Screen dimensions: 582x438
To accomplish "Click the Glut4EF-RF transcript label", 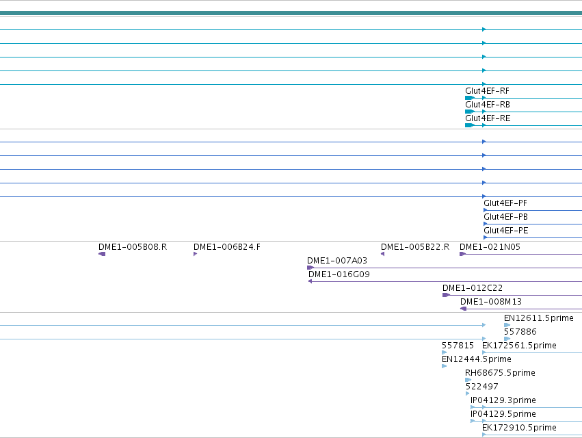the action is coord(487,91).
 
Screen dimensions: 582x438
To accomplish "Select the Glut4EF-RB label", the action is coord(488,105).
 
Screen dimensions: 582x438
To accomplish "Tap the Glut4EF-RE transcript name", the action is coord(488,118).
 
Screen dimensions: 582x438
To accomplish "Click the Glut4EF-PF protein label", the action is coord(505,203).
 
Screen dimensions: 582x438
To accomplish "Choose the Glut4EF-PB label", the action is coord(505,217).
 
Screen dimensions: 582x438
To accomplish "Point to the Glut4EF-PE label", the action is coord(505,231).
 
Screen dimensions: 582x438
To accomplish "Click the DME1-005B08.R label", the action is coord(133,247).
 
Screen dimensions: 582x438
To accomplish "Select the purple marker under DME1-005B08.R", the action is coord(102,254).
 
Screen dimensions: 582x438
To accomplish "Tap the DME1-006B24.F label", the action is coord(227,247).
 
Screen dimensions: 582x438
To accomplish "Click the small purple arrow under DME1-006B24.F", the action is coord(195,254).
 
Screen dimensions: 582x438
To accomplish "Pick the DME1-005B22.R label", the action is coord(415,247).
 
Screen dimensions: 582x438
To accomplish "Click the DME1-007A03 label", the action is coord(337,261).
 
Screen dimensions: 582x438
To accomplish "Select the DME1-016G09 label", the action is coord(339,274).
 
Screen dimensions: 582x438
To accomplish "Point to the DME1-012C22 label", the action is coord(473,288).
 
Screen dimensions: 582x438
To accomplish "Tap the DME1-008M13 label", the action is coord(490,302).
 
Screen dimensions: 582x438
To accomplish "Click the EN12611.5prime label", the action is coord(539,318).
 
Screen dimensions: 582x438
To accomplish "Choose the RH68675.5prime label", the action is coord(500,373).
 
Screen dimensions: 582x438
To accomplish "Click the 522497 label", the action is coord(481,387).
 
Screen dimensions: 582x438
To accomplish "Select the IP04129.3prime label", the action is coord(503,400).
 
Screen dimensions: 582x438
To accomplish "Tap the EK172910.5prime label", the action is coord(519,428).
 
